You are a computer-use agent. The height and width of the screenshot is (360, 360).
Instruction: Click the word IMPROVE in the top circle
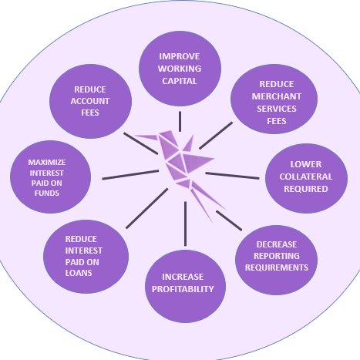click(180, 56)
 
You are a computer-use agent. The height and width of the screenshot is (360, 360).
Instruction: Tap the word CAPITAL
click(180, 81)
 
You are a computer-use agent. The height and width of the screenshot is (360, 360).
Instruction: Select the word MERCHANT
click(277, 96)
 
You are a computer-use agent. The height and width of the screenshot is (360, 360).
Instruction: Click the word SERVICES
click(277, 109)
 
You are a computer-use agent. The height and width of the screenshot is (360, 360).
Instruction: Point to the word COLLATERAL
click(306, 177)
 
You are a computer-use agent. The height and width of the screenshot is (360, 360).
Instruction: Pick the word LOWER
click(306, 164)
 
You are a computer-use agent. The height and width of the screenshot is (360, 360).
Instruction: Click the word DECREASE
click(277, 244)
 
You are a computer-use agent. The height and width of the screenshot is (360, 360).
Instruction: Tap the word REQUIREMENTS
click(277, 267)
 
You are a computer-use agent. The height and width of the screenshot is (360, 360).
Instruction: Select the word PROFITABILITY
click(183, 289)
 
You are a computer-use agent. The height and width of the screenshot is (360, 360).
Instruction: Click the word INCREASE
click(183, 277)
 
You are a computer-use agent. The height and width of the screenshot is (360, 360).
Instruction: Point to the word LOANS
click(79, 273)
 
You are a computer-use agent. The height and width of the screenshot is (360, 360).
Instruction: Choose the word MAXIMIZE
click(47, 163)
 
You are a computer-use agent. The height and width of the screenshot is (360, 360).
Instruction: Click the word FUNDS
click(47, 193)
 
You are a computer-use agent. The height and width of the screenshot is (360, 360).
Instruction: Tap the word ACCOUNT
click(90, 101)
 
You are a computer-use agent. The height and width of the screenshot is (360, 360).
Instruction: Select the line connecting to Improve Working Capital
click(180, 121)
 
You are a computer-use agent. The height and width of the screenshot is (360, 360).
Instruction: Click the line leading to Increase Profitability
click(185, 224)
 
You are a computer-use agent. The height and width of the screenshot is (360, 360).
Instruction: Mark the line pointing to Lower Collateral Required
click(232, 176)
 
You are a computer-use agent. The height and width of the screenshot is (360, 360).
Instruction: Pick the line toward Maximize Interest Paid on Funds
click(130, 175)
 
